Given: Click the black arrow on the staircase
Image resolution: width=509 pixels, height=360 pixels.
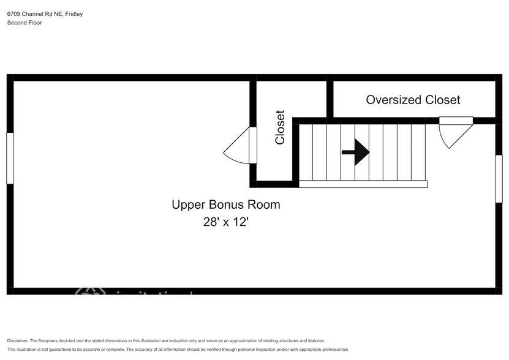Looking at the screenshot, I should (x=356, y=152).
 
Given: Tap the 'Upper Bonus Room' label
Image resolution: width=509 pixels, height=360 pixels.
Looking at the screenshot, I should (x=225, y=204).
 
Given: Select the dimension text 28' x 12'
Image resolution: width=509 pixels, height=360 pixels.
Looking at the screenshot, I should (x=225, y=222).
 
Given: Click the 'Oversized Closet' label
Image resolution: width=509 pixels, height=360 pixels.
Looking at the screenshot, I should (x=413, y=100).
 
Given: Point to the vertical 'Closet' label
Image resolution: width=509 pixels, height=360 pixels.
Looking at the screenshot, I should (x=280, y=127).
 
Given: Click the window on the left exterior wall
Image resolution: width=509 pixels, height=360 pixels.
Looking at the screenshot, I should (x=10, y=158).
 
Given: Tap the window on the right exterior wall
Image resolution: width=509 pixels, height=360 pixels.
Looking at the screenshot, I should (x=499, y=178).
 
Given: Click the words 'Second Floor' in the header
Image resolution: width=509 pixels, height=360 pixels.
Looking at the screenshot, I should (x=25, y=23).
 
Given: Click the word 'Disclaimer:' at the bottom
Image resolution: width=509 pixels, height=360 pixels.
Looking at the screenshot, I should (x=18, y=340).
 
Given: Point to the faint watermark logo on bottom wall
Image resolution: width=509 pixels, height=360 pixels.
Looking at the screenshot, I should (x=91, y=292).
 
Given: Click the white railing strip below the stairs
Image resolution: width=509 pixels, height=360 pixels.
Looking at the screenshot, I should (x=363, y=184).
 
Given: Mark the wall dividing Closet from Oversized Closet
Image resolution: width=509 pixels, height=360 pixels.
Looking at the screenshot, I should (x=330, y=99).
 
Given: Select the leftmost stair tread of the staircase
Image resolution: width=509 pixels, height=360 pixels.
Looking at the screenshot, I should (x=306, y=152).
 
